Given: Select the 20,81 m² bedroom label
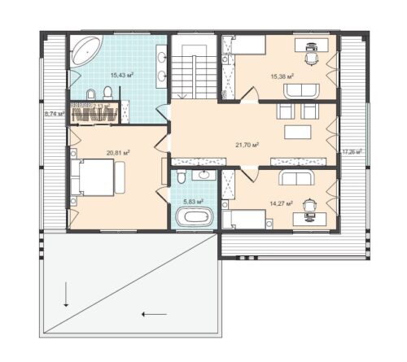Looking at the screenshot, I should click(x=118, y=151).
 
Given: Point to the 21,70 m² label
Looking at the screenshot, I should click(x=247, y=144).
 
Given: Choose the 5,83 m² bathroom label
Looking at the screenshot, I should click(x=193, y=201).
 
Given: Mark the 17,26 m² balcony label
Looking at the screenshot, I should click(x=352, y=151).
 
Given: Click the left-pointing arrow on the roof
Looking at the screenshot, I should click(x=154, y=313).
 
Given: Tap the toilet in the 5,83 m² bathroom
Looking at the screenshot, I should click(x=181, y=176).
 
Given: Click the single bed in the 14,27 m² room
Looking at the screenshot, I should click(x=247, y=219).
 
